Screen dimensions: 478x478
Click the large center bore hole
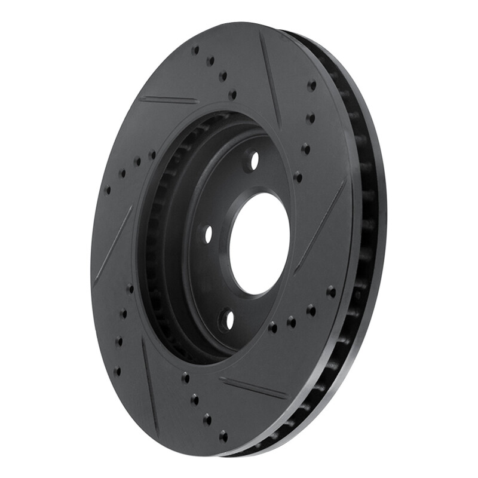[259, 243]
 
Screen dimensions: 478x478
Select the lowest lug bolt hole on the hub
[226, 320]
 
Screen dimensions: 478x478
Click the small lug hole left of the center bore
[207, 235]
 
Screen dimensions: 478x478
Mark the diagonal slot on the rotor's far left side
[113, 245]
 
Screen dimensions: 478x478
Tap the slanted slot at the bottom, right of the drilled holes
[253, 388]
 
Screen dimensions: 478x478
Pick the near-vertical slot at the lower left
[149, 382]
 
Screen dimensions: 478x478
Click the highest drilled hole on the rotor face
[195, 50]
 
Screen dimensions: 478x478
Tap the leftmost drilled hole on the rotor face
[108, 190]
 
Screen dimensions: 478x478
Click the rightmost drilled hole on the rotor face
[331, 292]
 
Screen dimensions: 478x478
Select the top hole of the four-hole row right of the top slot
[311, 85]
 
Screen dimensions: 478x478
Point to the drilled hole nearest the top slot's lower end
[297, 177]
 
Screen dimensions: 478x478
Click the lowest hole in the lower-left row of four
[117, 371]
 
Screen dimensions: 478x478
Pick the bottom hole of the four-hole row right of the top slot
[297, 177]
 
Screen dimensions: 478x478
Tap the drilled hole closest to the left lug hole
[152, 155]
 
